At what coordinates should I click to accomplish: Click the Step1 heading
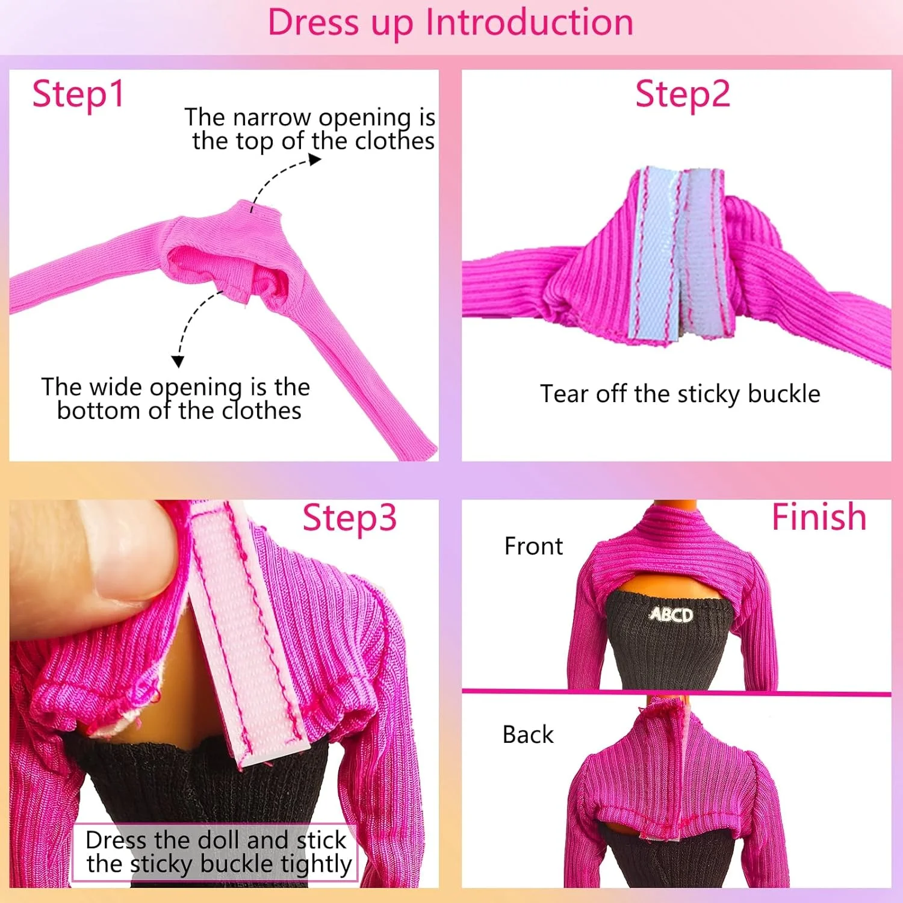[x=78, y=95]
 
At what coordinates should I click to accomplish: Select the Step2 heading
[x=683, y=95]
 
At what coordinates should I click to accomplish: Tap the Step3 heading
[x=349, y=518]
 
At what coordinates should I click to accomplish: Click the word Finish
[x=819, y=517]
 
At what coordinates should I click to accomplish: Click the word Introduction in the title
[x=529, y=23]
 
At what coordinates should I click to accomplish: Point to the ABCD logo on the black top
[x=671, y=614]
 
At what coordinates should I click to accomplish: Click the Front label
[x=533, y=546]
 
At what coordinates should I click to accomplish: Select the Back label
[x=528, y=734]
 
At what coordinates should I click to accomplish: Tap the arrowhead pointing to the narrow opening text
[x=315, y=159]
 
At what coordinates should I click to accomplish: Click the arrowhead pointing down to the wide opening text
[x=178, y=361]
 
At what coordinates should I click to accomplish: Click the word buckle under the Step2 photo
[x=784, y=394]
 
